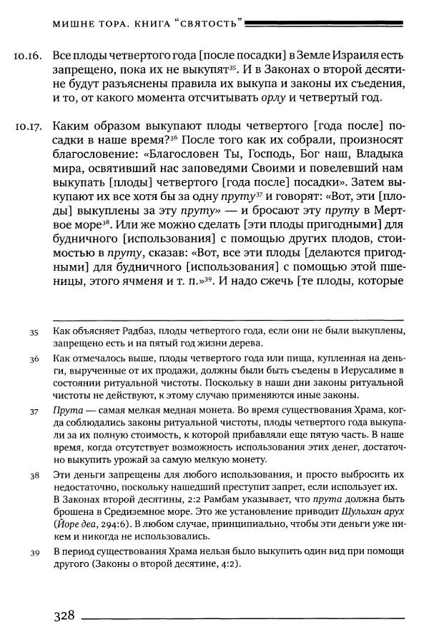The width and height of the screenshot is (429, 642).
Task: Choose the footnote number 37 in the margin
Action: (x=33, y=413)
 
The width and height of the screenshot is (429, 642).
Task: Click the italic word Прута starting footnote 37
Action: (x=69, y=412)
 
